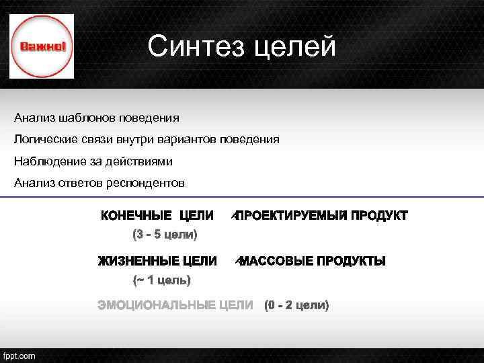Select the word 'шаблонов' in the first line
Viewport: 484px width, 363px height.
click(x=85, y=118)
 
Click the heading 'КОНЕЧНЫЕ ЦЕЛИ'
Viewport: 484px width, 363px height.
click(x=157, y=216)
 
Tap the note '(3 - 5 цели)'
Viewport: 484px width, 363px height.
click(x=164, y=235)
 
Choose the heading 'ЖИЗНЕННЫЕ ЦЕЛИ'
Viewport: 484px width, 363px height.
click(x=157, y=261)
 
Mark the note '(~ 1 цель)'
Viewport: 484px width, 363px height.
click(x=161, y=279)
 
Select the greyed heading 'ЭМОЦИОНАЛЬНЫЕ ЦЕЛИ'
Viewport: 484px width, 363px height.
click(x=175, y=306)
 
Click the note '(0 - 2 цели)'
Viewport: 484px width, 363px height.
click(x=297, y=306)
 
